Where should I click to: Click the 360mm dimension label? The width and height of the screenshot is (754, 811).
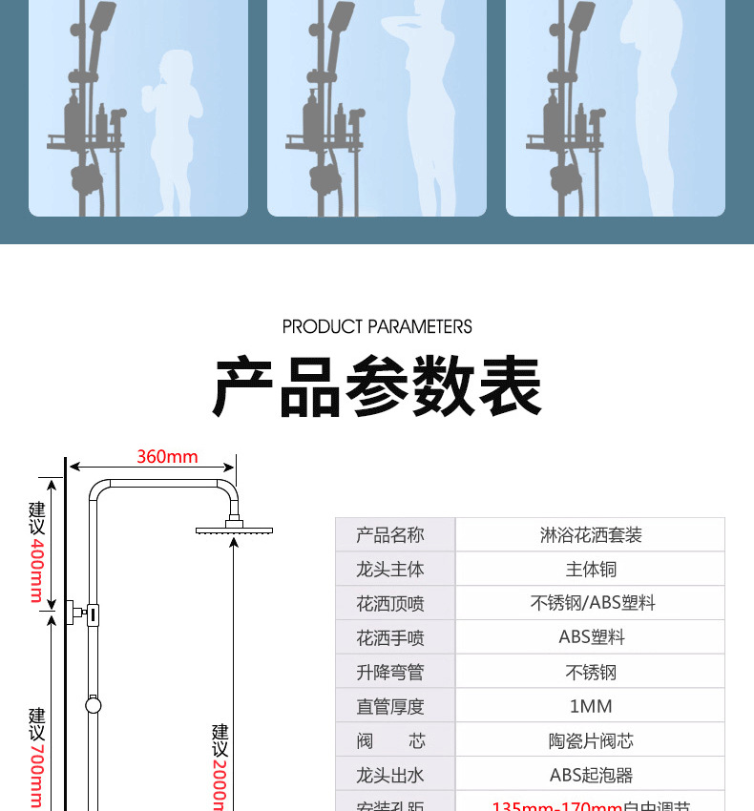pos(167,456)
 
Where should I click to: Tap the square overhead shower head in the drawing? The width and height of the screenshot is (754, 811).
pos(235,530)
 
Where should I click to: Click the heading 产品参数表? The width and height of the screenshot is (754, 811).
pos(377,386)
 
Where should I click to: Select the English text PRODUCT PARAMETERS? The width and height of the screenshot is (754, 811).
pos(377,326)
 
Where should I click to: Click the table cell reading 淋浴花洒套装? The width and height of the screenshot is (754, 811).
pos(591,535)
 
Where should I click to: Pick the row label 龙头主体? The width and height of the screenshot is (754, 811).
pos(389,570)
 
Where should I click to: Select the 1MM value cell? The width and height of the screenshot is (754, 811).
pos(591,706)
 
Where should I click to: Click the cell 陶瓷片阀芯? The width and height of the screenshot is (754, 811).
pos(591,740)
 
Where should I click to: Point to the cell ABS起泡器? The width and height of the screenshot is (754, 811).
pos(591,775)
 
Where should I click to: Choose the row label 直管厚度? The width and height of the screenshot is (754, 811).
pos(389,707)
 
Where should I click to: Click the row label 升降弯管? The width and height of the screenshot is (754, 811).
pos(389,673)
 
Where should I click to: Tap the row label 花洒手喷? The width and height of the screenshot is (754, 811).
pos(389,638)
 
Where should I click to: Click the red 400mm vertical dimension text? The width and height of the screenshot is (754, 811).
pos(37,571)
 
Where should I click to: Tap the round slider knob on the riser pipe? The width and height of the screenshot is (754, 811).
pos(93,706)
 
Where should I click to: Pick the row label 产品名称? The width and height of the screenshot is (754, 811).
pos(389,535)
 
